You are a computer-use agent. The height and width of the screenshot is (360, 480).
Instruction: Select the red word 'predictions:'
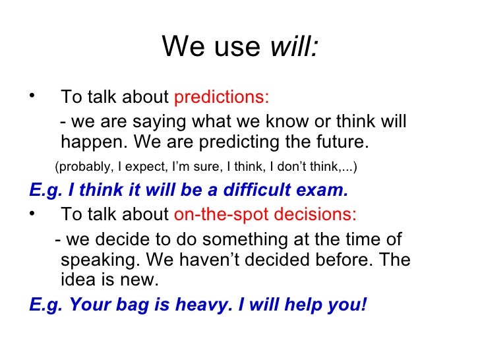click(x=222, y=98)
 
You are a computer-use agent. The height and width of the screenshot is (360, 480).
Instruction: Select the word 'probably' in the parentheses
click(x=82, y=167)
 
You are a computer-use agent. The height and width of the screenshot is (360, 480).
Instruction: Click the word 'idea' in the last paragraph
click(x=78, y=280)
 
